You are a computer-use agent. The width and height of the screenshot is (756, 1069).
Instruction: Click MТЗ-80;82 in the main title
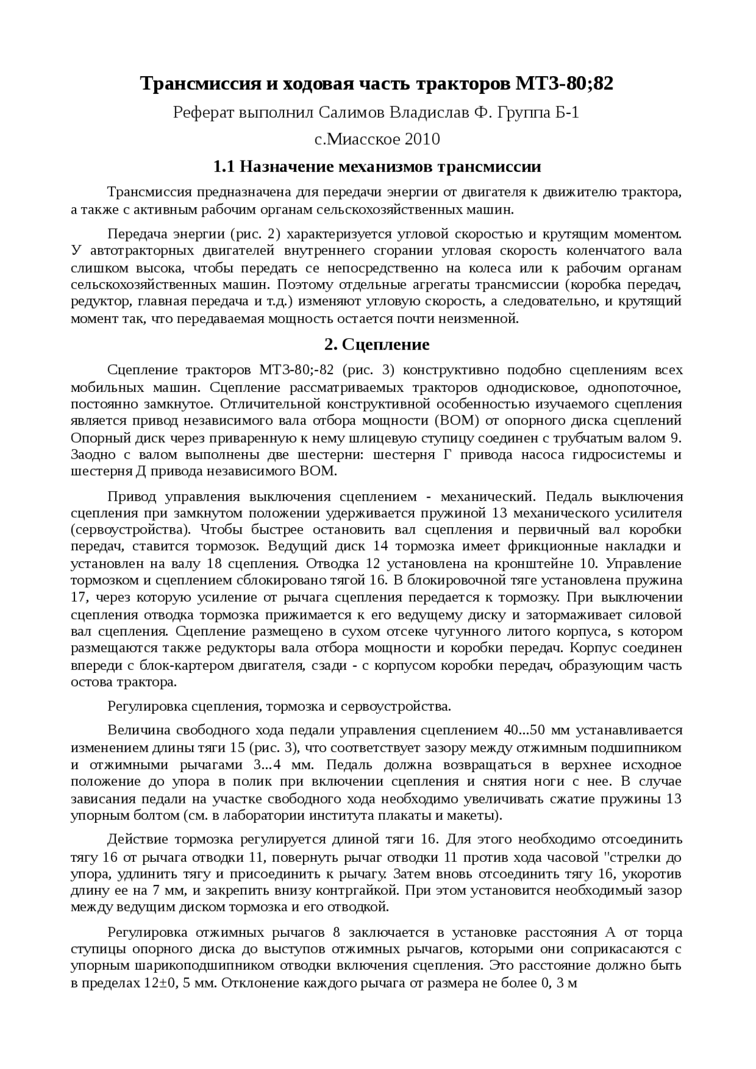(565, 84)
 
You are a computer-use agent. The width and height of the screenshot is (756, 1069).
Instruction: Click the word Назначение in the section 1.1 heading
(286, 166)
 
